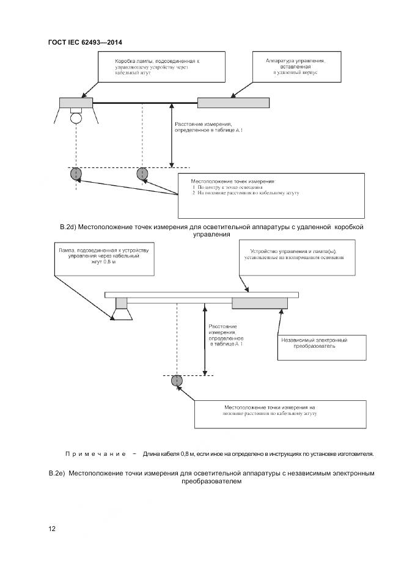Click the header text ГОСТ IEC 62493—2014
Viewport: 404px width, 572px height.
(x=89, y=42)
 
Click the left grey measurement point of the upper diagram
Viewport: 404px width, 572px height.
(x=75, y=174)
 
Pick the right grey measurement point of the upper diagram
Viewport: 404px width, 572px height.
(x=142, y=174)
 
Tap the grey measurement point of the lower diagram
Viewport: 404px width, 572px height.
(x=177, y=381)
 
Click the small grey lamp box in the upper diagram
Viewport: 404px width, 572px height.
(x=76, y=103)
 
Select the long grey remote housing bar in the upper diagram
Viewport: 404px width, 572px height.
(x=233, y=103)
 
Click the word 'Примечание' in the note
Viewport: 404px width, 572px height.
(x=95, y=454)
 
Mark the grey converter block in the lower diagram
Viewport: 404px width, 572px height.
(x=259, y=303)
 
